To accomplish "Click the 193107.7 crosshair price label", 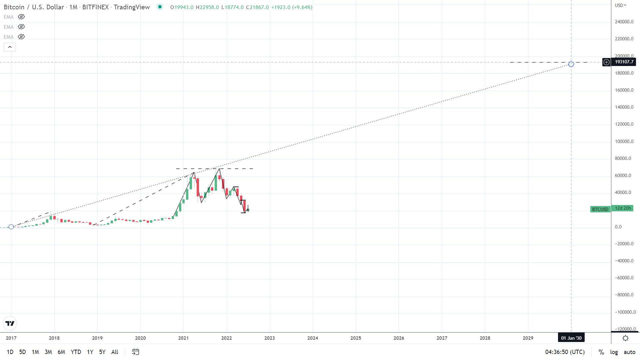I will pyautogui.click(x=624, y=62).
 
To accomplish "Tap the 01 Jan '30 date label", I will pyautogui.click(x=571, y=338).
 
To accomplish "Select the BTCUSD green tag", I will pyautogui.click(x=600, y=209).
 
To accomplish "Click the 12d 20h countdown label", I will pyautogui.click(x=623, y=208).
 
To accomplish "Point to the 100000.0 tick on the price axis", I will pyautogui.click(x=624, y=141).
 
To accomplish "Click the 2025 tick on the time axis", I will pyautogui.click(x=356, y=338).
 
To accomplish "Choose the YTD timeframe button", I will pyautogui.click(x=76, y=352).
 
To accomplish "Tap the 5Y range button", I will pyautogui.click(x=102, y=352).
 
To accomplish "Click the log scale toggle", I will pyautogui.click(x=614, y=352).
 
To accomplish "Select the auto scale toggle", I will pyautogui.click(x=629, y=352).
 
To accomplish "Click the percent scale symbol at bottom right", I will pyautogui.click(x=601, y=352).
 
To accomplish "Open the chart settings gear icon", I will pyautogui.click(x=625, y=338).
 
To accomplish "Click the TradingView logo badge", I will pyautogui.click(x=10, y=323).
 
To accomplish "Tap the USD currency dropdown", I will pyautogui.click(x=621, y=5).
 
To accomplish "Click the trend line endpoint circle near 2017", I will pyautogui.click(x=11, y=227).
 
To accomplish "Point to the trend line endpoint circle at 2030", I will pyautogui.click(x=571, y=64).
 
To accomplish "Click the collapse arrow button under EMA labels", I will pyautogui.click(x=10, y=47).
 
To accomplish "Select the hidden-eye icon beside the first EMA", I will pyautogui.click(x=21, y=17).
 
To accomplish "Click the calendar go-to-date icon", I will pyautogui.click(x=135, y=352).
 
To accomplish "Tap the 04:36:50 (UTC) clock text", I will pyautogui.click(x=565, y=352).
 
